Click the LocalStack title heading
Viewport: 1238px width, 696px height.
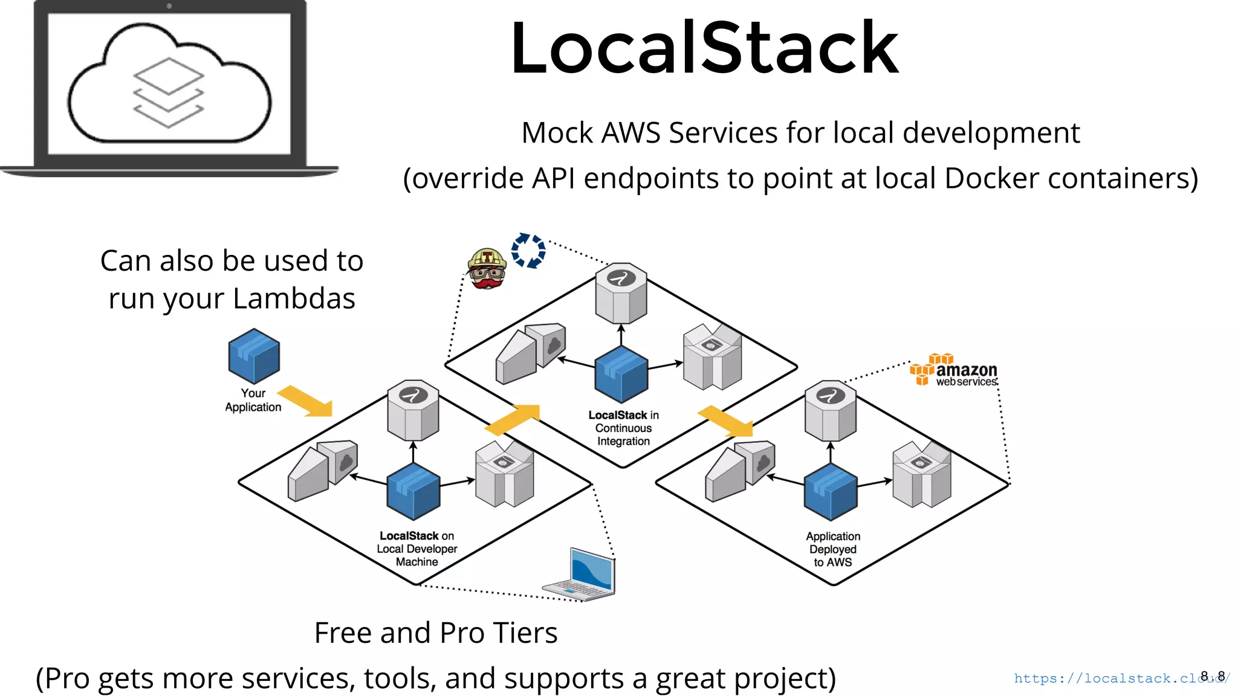click(704, 48)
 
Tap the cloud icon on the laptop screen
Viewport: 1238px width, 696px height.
click(169, 85)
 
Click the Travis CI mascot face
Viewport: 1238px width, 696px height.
click(487, 269)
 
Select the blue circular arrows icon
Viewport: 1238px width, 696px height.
click(528, 250)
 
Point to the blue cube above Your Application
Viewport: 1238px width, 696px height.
click(254, 356)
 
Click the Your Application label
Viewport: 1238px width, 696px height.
click(253, 400)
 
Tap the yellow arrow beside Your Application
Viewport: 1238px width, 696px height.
click(306, 401)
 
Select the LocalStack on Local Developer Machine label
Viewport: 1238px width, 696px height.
click(416, 549)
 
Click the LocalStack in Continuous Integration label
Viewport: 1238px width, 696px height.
click(623, 428)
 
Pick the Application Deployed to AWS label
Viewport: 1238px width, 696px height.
click(833, 549)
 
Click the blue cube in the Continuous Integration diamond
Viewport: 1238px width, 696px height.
click(621, 374)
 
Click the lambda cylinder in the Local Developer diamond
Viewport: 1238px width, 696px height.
click(413, 410)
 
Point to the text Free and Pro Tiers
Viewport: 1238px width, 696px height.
click(436, 633)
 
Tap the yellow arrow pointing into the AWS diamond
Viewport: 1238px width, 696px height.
click(726, 421)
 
